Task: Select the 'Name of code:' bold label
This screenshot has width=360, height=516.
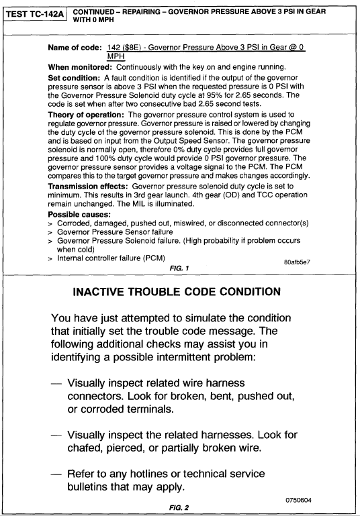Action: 76,49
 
